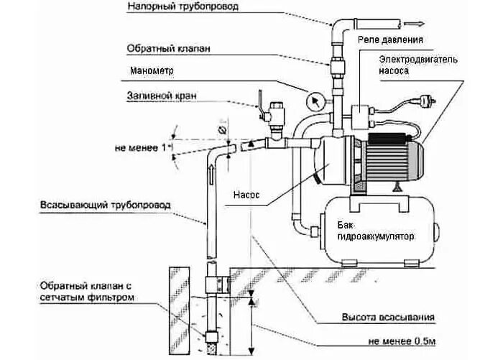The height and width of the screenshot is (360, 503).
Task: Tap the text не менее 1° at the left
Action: click(141, 148)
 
